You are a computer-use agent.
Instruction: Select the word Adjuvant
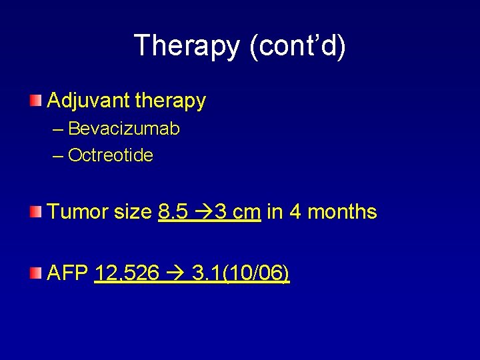pos(88,101)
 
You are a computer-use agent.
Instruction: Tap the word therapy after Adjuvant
pos(171,101)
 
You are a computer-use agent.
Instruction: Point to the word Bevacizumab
pos(124,129)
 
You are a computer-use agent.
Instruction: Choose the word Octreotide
pos(111,156)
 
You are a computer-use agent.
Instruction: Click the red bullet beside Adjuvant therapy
pos(35,101)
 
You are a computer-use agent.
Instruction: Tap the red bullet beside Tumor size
pos(35,212)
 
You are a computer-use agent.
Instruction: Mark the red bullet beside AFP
pos(35,273)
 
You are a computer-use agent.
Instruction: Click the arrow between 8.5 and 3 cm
pos(200,213)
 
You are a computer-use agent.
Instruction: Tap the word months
pos(342,212)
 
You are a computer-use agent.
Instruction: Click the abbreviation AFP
pos(68,273)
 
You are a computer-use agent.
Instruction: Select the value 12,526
pos(127,273)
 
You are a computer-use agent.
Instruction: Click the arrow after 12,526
pos(175,273)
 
